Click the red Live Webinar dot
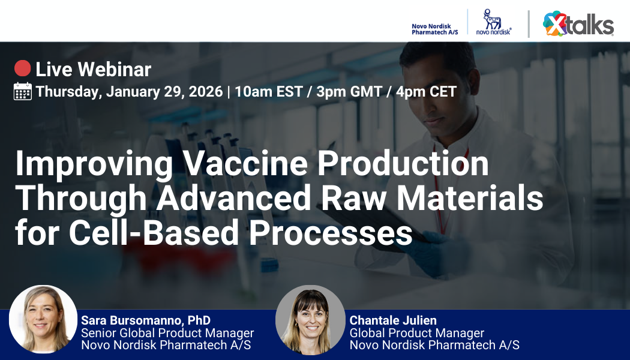[x=22, y=69]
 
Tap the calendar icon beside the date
[x=23, y=92]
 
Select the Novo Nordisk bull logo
[x=493, y=22]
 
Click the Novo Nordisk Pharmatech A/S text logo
[x=434, y=29]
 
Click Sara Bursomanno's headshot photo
[x=43, y=319]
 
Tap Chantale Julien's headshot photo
[x=310, y=320]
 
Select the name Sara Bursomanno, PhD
[x=146, y=320]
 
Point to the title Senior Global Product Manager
[x=167, y=332]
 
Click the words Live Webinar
[x=94, y=70]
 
